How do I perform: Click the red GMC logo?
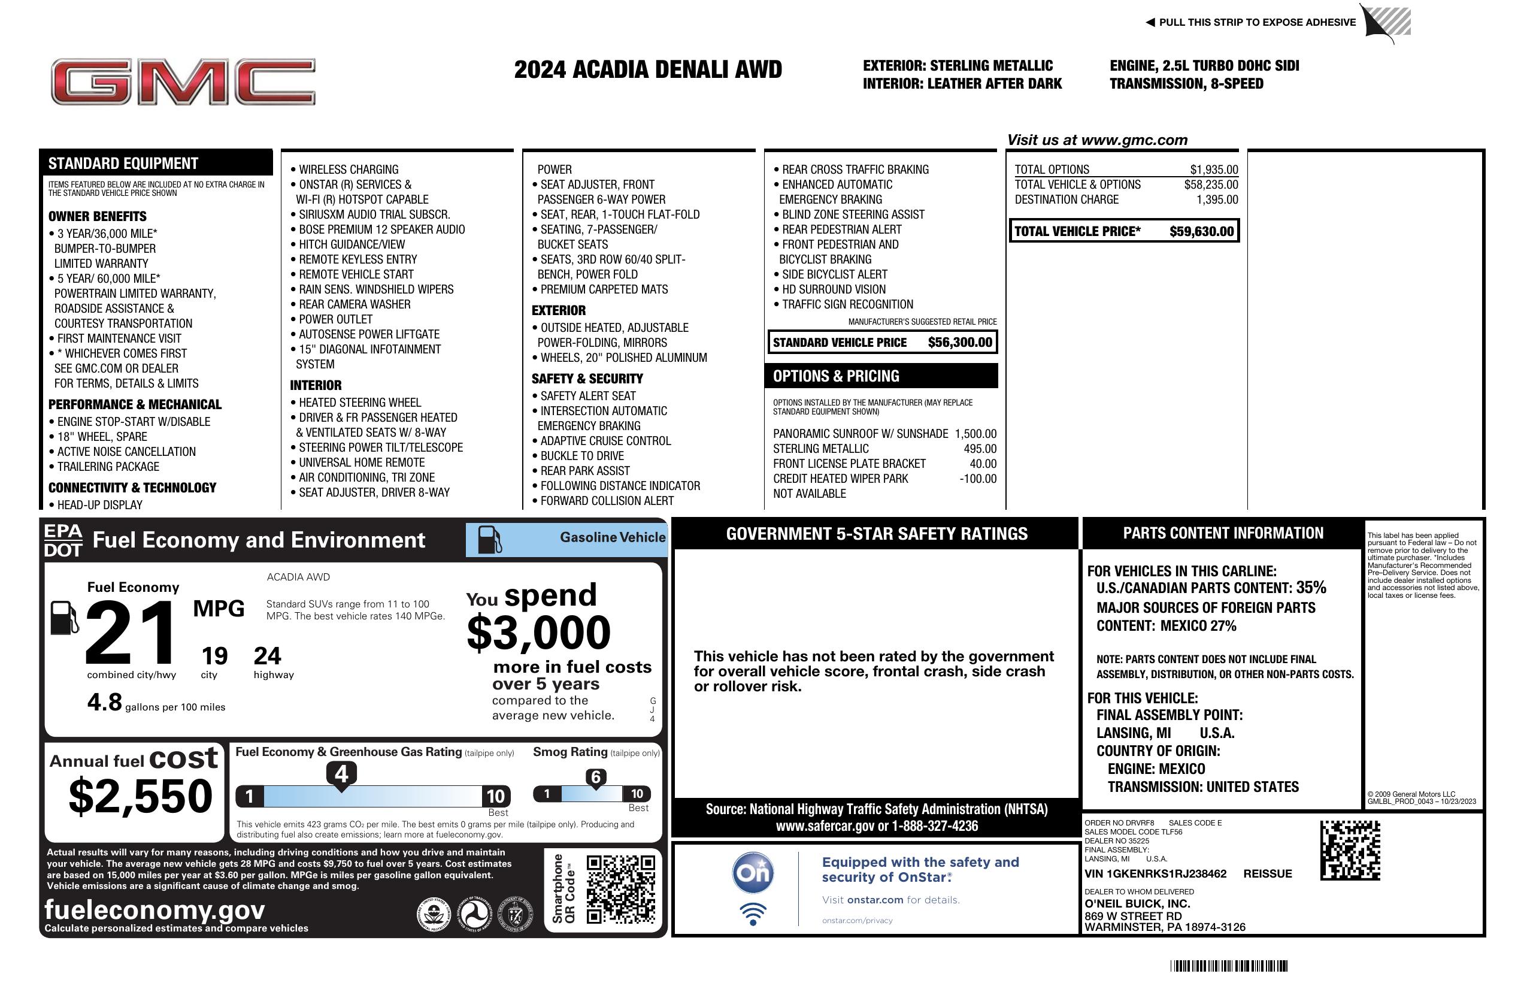[183, 81]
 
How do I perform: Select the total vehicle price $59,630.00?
[1201, 232]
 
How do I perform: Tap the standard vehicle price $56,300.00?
[960, 343]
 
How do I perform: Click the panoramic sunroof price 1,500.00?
[975, 434]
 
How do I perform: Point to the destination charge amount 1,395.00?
[1217, 199]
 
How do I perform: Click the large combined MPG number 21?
[131, 632]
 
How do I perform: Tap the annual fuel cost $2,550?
[140, 796]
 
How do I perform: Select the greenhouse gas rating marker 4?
[341, 774]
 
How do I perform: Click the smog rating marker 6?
[595, 777]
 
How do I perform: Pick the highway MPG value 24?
[267, 656]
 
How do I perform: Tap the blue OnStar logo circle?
[753, 873]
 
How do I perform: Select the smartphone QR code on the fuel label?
[620, 889]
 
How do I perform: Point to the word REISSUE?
[1267, 874]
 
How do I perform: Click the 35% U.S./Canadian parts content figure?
[1310, 588]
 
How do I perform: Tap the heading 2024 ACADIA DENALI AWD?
[648, 69]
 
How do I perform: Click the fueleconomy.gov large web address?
[154, 909]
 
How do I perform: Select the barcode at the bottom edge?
[1228, 966]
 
